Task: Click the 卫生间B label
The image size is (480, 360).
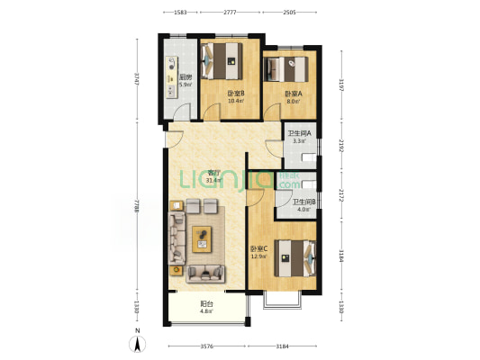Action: coord(303,202)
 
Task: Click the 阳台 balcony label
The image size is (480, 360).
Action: coord(206,303)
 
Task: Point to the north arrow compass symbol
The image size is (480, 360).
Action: coord(136,340)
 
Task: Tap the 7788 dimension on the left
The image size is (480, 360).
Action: coord(136,210)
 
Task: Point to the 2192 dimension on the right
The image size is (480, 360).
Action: coord(340,145)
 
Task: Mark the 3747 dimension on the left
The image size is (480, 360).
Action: coord(136,79)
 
